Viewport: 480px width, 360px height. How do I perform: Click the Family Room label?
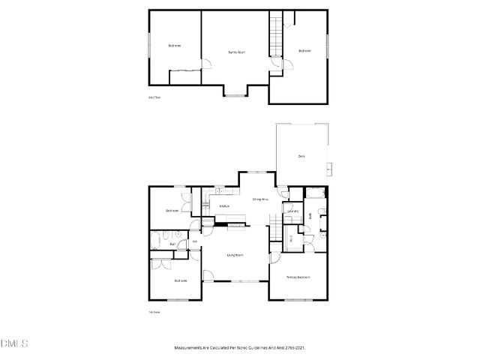click(237, 52)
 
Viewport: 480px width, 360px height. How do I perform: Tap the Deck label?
click(301, 156)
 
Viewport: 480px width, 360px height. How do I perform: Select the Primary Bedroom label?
click(298, 277)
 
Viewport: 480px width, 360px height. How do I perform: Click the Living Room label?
click(235, 255)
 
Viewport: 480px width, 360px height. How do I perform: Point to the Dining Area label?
click(260, 199)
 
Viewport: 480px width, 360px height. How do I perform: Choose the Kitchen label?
click(223, 205)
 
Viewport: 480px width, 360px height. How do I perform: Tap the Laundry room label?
click(293, 211)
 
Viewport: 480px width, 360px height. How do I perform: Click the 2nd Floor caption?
click(154, 97)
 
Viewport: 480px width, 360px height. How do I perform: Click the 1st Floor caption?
click(154, 312)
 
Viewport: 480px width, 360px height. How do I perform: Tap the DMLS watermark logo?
click(14, 343)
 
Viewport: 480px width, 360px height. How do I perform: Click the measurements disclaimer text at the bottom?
click(239, 348)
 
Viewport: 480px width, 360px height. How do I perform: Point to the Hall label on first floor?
click(194, 241)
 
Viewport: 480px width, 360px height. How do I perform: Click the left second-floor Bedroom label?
click(174, 46)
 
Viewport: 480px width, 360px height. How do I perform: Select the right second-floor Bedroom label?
click(304, 50)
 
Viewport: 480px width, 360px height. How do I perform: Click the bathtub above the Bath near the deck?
click(313, 193)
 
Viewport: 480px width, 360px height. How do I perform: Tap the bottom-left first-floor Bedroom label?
click(180, 280)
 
